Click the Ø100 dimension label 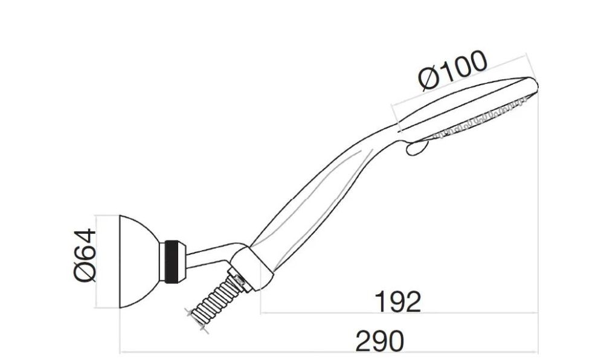(453, 71)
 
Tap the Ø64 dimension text (85, 256)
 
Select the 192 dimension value (398, 302)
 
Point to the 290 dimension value (380, 341)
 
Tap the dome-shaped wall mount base (139, 262)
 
